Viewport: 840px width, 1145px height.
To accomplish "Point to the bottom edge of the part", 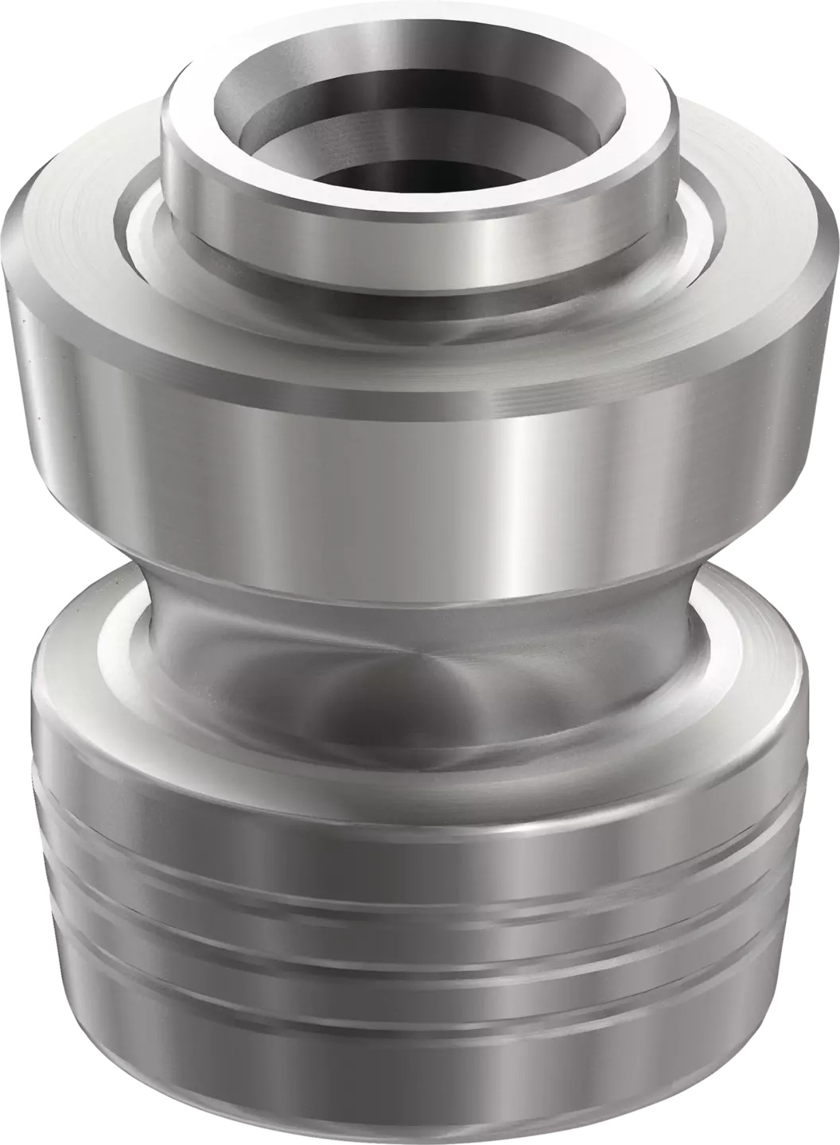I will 422,1133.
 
